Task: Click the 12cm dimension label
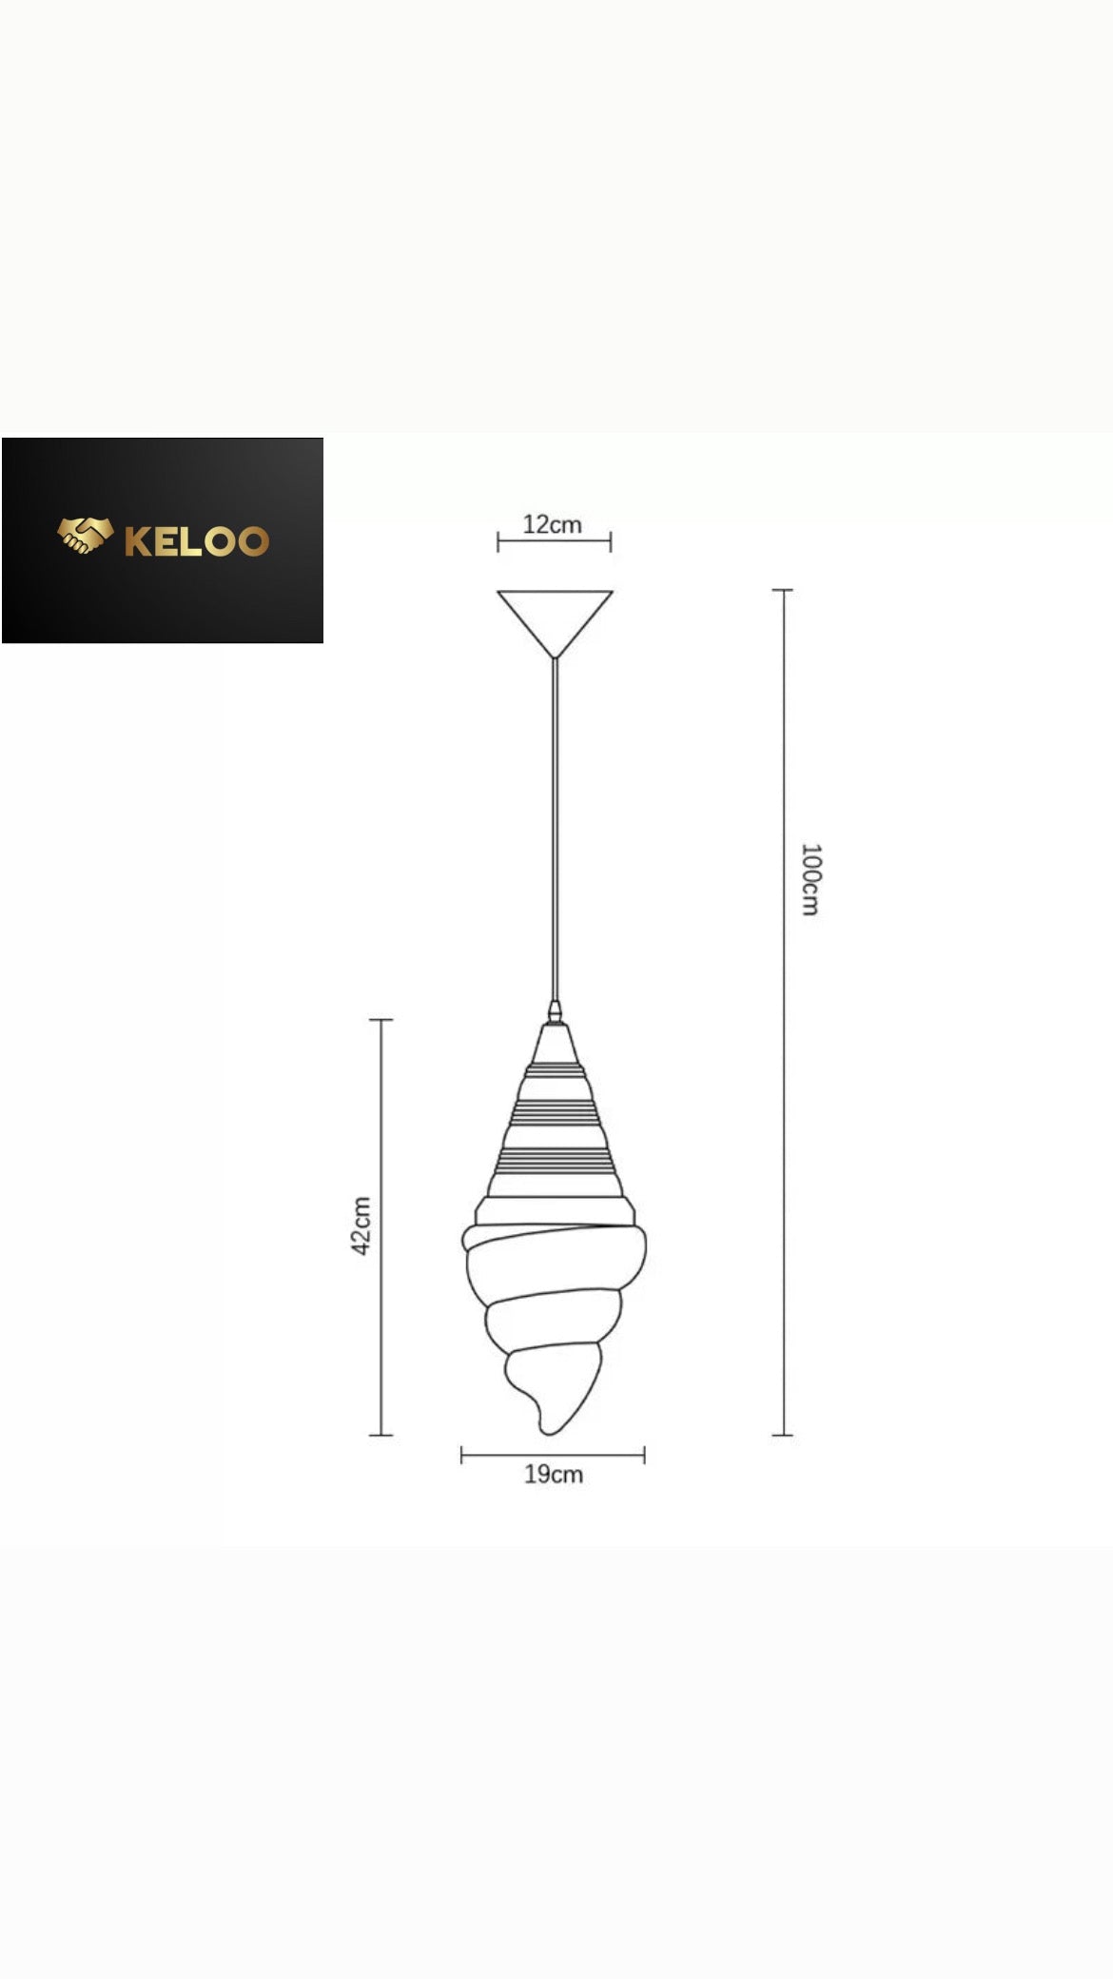[552, 524]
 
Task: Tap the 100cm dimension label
[810, 879]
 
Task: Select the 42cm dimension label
[361, 1225]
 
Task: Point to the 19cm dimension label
[554, 1474]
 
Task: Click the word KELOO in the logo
[197, 540]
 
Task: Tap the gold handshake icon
[86, 536]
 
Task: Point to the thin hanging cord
[556, 828]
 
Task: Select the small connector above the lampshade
[555, 1011]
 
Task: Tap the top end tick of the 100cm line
[782, 590]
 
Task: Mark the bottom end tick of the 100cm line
[782, 1434]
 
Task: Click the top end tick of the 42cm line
[381, 1020]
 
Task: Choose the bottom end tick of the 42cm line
[381, 1434]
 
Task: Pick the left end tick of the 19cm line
[462, 1455]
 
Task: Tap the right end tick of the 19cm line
[644, 1455]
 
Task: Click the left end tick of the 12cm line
[498, 542]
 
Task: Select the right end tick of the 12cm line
[611, 542]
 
